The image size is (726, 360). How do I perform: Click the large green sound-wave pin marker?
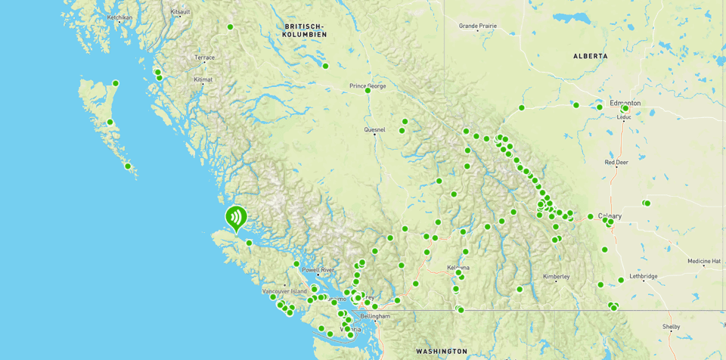pyautogui.click(x=236, y=219)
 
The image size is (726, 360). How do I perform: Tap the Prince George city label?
pyautogui.click(x=368, y=85)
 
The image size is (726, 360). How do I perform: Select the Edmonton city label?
pyautogui.click(x=625, y=103)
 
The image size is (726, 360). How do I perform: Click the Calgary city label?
pyautogui.click(x=610, y=216)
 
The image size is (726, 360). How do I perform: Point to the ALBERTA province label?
pyautogui.click(x=590, y=56)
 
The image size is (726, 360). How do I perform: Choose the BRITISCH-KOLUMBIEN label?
pyautogui.click(x=306, y=30)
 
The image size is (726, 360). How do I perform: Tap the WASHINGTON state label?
pyautogui.click(x=441, y=351)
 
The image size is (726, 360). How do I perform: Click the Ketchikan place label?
pyautogui.click(x=119, y=17)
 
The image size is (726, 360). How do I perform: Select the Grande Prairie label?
pyautogui.click(x=478, y=26)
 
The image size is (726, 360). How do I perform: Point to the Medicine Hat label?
pyautogui.click(x=703, y=261)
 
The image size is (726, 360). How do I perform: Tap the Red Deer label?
pyautogui.click(x=616, y=162)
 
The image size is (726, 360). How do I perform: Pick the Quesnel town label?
pyautogui.click(x=374, y=129)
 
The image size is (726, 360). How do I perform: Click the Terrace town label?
pyautogui.click(x=204, y=57)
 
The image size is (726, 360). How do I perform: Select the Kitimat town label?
pyautogui.click(x=203, y=79)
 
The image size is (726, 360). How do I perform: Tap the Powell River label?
pyautogui.click(x=318, y=270)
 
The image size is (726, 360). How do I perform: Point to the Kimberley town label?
pyautogui.click(x=556, y=276)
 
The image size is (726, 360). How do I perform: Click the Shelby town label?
pyautogui.click(x=671, y=327)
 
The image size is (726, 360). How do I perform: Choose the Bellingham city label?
pyautogui.click(x=375, y=316)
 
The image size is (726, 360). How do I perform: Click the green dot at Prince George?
pyautogui.click(x=368, y=91)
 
